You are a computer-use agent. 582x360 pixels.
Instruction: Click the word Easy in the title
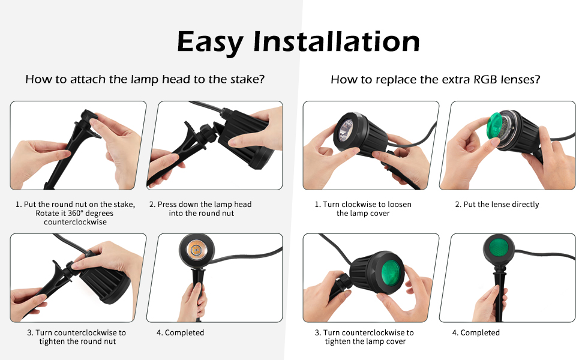click(211, 42)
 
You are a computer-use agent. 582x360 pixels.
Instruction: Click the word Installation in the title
click(336, 42)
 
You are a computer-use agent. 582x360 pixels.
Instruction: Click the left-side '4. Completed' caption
click(180, 332)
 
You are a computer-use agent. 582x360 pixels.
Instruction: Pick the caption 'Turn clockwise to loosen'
click(363, 205)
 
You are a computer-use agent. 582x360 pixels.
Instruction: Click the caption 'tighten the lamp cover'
click(365, 341)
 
